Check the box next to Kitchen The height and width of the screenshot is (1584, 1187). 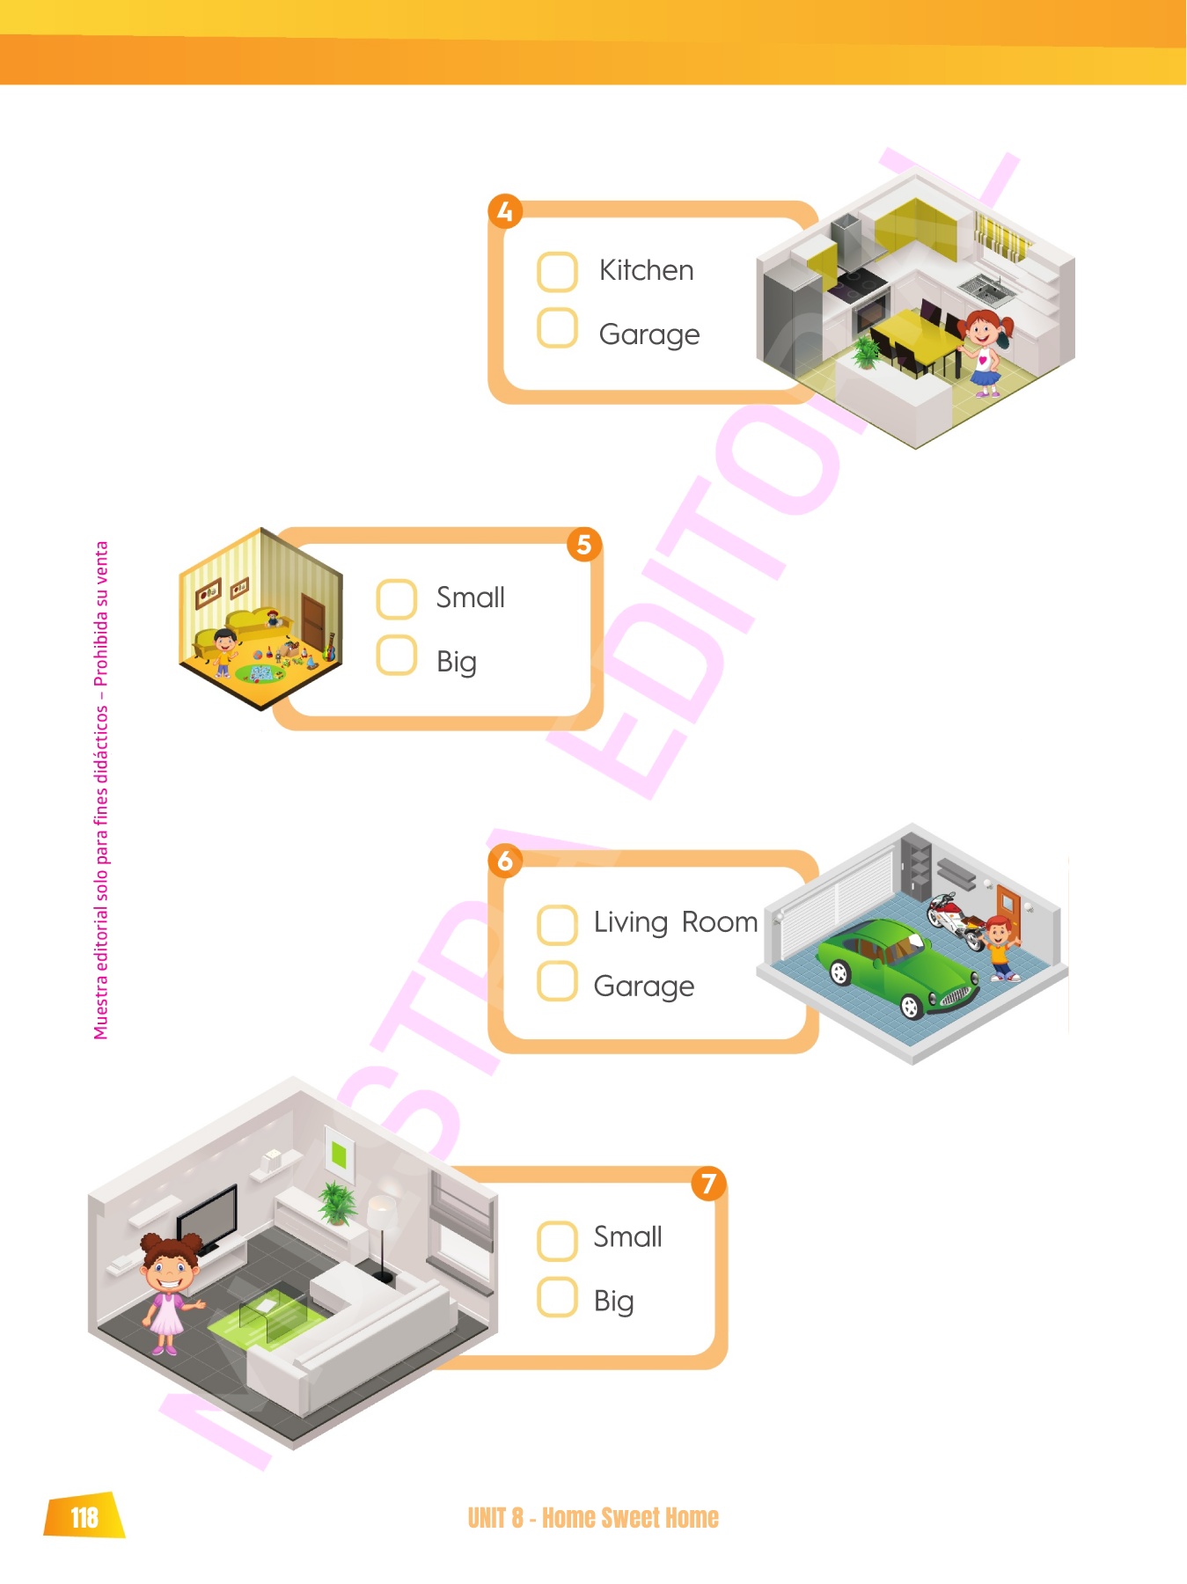point(557,272)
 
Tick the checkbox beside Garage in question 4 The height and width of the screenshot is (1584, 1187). point(557,328)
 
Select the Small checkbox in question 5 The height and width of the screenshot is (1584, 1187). point(396,599)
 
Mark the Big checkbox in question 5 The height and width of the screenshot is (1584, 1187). point(396,656)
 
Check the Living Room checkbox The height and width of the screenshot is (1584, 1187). point(557,925)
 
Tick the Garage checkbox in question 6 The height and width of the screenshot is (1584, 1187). point(557,981)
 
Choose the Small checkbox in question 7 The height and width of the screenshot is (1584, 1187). point(557,1241)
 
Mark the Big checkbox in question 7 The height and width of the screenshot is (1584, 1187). point(557,1297)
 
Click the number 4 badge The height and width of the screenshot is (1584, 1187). point(505,212)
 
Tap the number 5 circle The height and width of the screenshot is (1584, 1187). point(584,545)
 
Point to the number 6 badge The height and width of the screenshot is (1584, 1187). point(505,861)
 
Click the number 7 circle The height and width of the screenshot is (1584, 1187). point(708,1184)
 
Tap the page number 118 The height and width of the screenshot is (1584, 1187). point(84,1517)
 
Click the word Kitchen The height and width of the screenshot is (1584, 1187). point(646,270)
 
